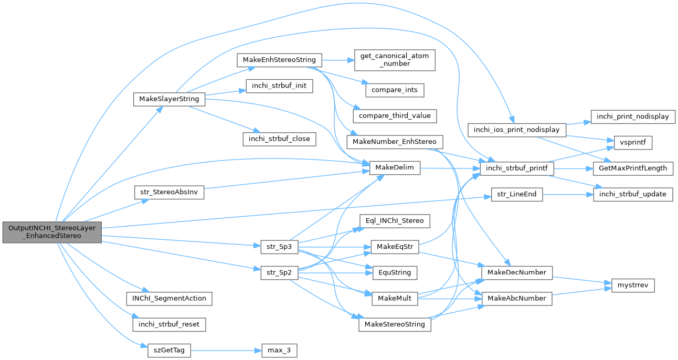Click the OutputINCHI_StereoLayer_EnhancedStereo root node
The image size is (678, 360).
click(51, 232)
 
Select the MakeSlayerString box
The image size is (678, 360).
click(168, 99)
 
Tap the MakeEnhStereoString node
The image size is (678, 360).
click(279, 60)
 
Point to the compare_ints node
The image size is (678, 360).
click(395, 90)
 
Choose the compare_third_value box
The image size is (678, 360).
click(395, 115)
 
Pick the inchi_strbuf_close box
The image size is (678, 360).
click(279, 139)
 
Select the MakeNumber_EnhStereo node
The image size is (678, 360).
click(395, 142)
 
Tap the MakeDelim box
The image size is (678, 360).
click(395, 168)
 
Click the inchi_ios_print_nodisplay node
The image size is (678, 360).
click(516, 129)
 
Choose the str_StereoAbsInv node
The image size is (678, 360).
click(168, 192)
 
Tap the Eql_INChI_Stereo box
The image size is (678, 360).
click(395, 221)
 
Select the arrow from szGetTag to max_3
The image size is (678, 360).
click(225, 350)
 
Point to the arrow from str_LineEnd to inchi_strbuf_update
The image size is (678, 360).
click(567, 194)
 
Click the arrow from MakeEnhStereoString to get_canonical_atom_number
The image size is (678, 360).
click(338, 60)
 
